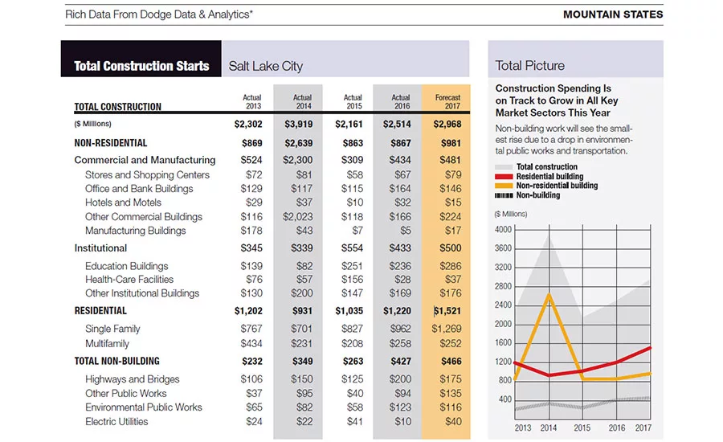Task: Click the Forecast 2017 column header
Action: tap(447, 101)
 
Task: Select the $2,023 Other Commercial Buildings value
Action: tap(297, 216)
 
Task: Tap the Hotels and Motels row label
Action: tap(123, 203)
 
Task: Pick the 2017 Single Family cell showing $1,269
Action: tap(447, 329)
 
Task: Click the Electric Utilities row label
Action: tap(116, 422)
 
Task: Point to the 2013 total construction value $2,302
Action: tap(248, 124)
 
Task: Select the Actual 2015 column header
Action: tap(353, 101)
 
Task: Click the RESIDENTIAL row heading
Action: tap(100, 310)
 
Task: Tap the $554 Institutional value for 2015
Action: tap(353, 248)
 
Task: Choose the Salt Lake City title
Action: tap(266, 66)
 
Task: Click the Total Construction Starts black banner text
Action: tap(141, 66)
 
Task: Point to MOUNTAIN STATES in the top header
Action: tap(613, 14)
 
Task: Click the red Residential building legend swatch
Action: tap(504, 177)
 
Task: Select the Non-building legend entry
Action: tap(528, 195)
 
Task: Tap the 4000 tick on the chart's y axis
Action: tap(503, 229)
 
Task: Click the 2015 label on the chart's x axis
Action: tap(582, 428)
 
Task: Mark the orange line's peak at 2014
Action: tap(549, 294)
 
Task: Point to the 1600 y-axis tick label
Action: tap(503, 342)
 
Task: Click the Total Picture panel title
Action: tap(530, 66)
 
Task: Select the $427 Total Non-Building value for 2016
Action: tap(401, 362)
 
